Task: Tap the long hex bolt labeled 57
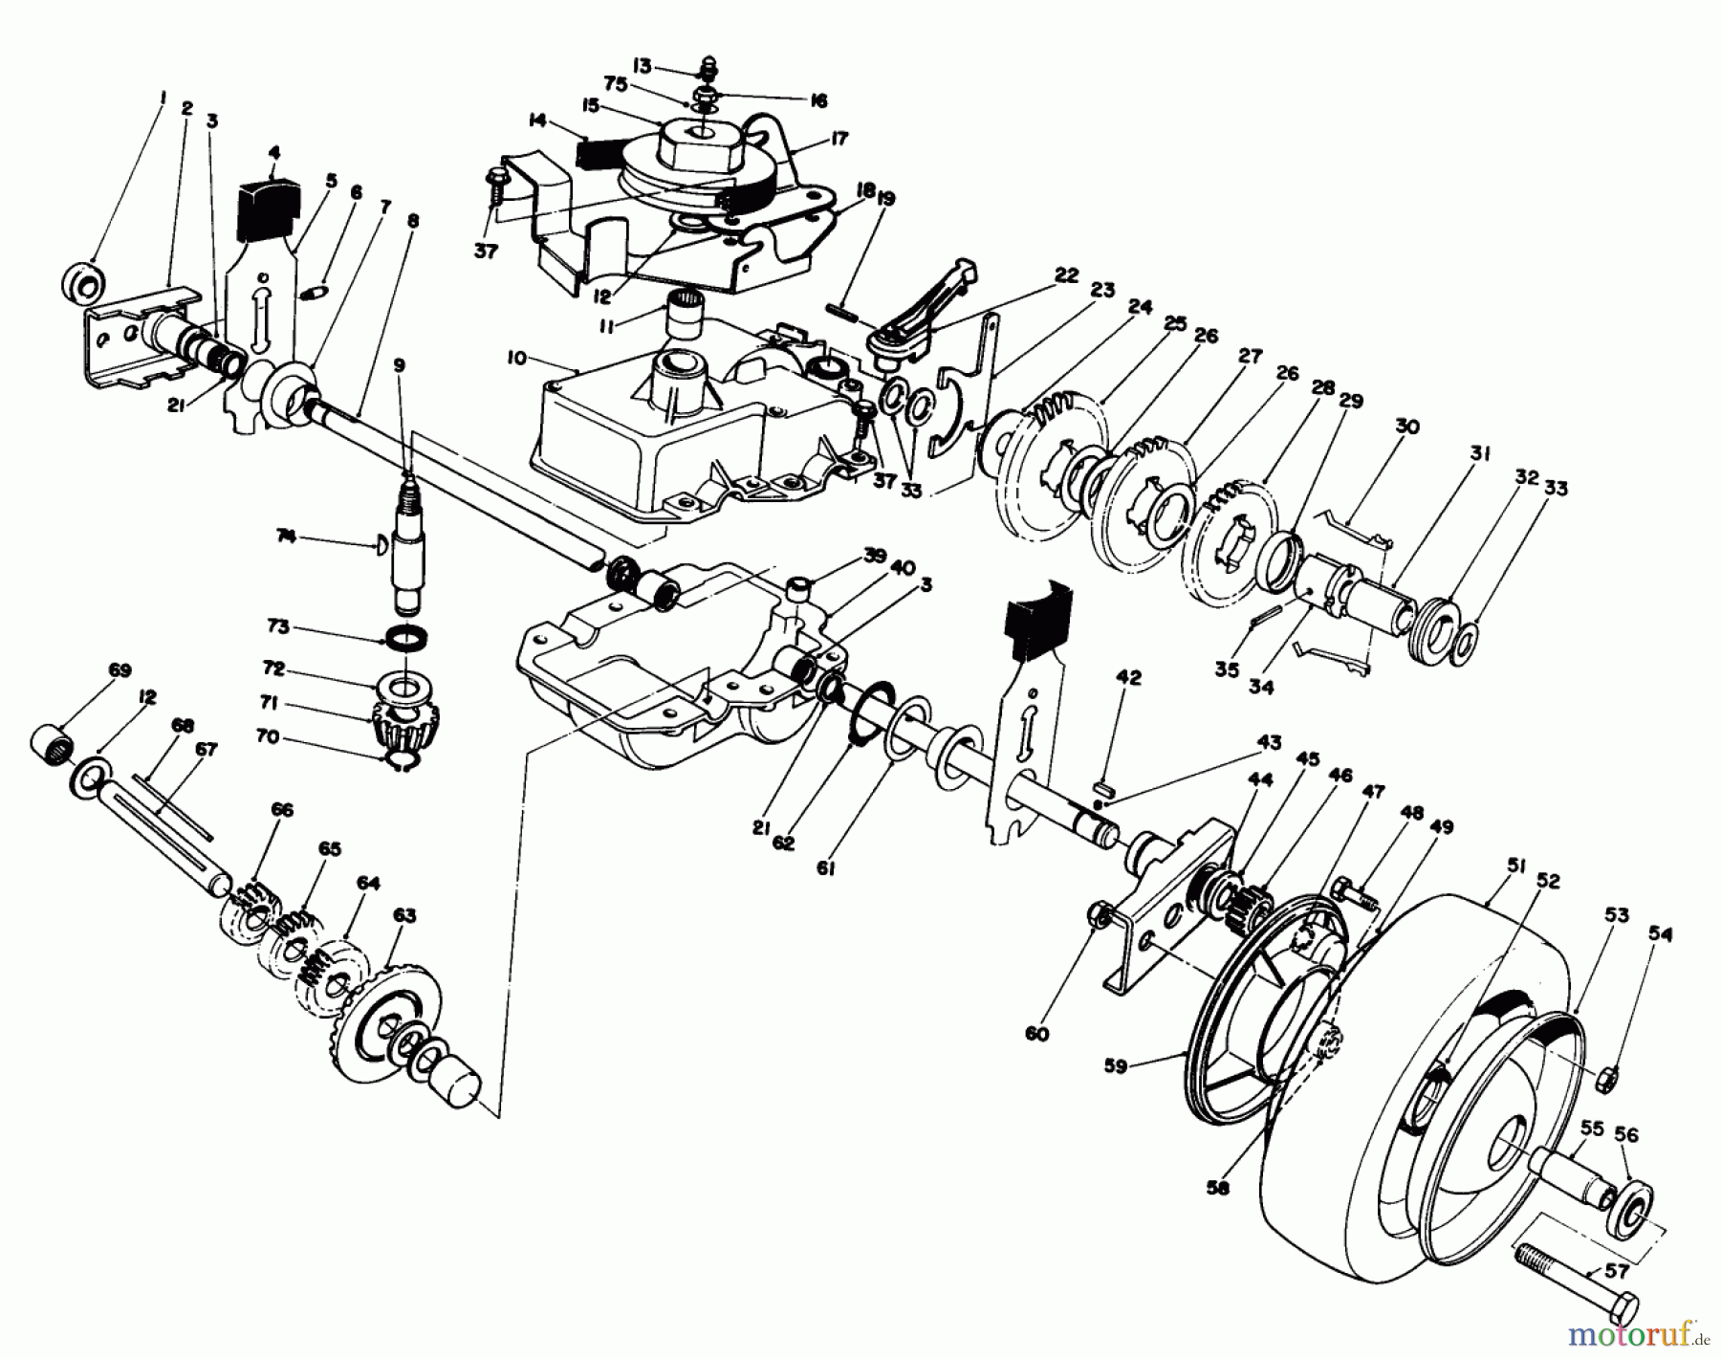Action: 1568,1278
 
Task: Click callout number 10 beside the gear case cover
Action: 516,358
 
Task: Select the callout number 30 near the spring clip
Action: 1405,427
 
